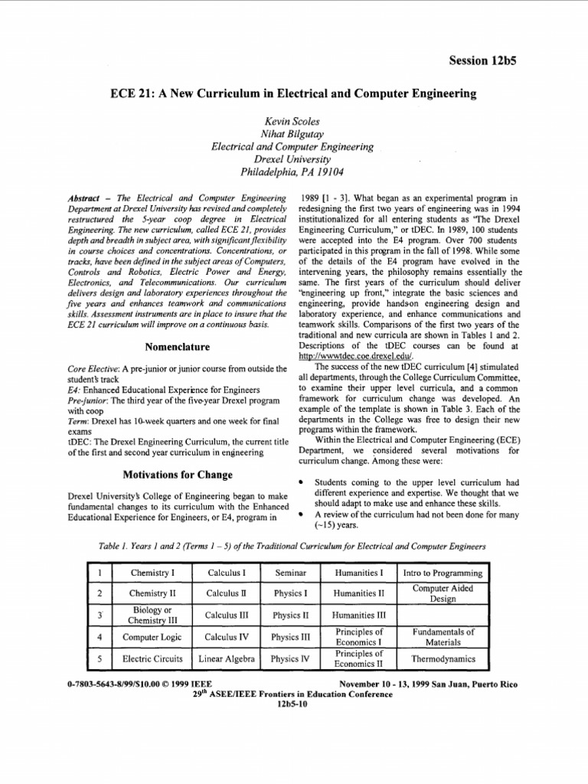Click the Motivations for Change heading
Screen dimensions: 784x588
178,474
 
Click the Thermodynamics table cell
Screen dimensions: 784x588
444,658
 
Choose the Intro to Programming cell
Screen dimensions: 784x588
444,572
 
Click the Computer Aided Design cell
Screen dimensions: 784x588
444,593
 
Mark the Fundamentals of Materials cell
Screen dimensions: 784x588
444,636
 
